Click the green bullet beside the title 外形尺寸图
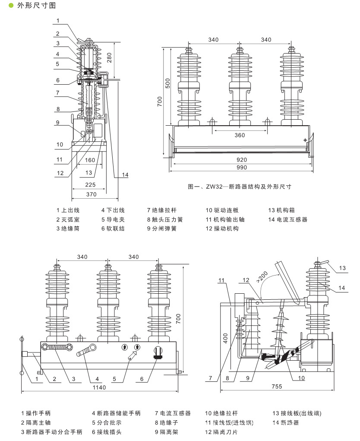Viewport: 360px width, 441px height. [x=11, y=6]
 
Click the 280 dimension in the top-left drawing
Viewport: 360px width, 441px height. [x=109, y=57]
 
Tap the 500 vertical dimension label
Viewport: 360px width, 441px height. [x=168, y=83]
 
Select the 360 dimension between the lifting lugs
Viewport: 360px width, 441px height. [x=240, y=135]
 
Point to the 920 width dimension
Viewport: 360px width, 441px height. [x=242, y=160]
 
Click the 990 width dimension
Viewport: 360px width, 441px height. [x=242, y=167]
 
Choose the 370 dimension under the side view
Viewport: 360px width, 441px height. [x=92, y=194]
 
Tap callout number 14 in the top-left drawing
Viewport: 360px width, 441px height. [x=125, y=174]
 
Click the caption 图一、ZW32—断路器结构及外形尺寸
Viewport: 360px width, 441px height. [x=240, y=187]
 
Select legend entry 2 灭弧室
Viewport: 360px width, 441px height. [x=68, y=219]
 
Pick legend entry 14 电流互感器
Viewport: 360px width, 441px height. [x=288, y=219]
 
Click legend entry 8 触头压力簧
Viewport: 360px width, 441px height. [x=165, y=219]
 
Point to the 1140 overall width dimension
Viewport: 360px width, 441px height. [x=99, y=387]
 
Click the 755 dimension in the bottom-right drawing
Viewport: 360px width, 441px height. [x=277, y=387]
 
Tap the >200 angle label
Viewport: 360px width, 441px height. [x=262, y=277]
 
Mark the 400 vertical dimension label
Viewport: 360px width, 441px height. [x=225, y=338]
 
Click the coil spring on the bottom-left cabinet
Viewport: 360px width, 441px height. [x=57, y=347]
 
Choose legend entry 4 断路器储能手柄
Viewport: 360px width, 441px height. [x=116, y=413]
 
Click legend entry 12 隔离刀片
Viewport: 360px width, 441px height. [x=221, y=432]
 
